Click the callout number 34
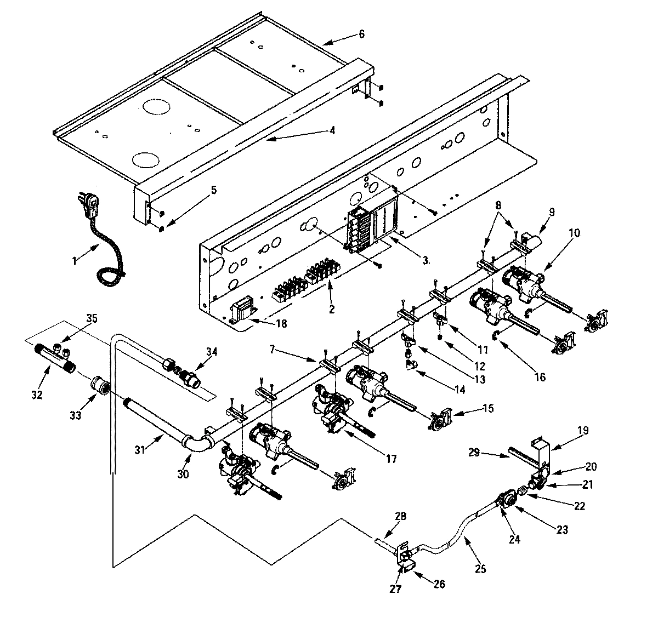pyautogui.click(x=211, y=351)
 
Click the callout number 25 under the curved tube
pyautogui.click(x=480, y=569)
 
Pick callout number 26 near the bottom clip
pyautogui.click(x=439, y=584)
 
